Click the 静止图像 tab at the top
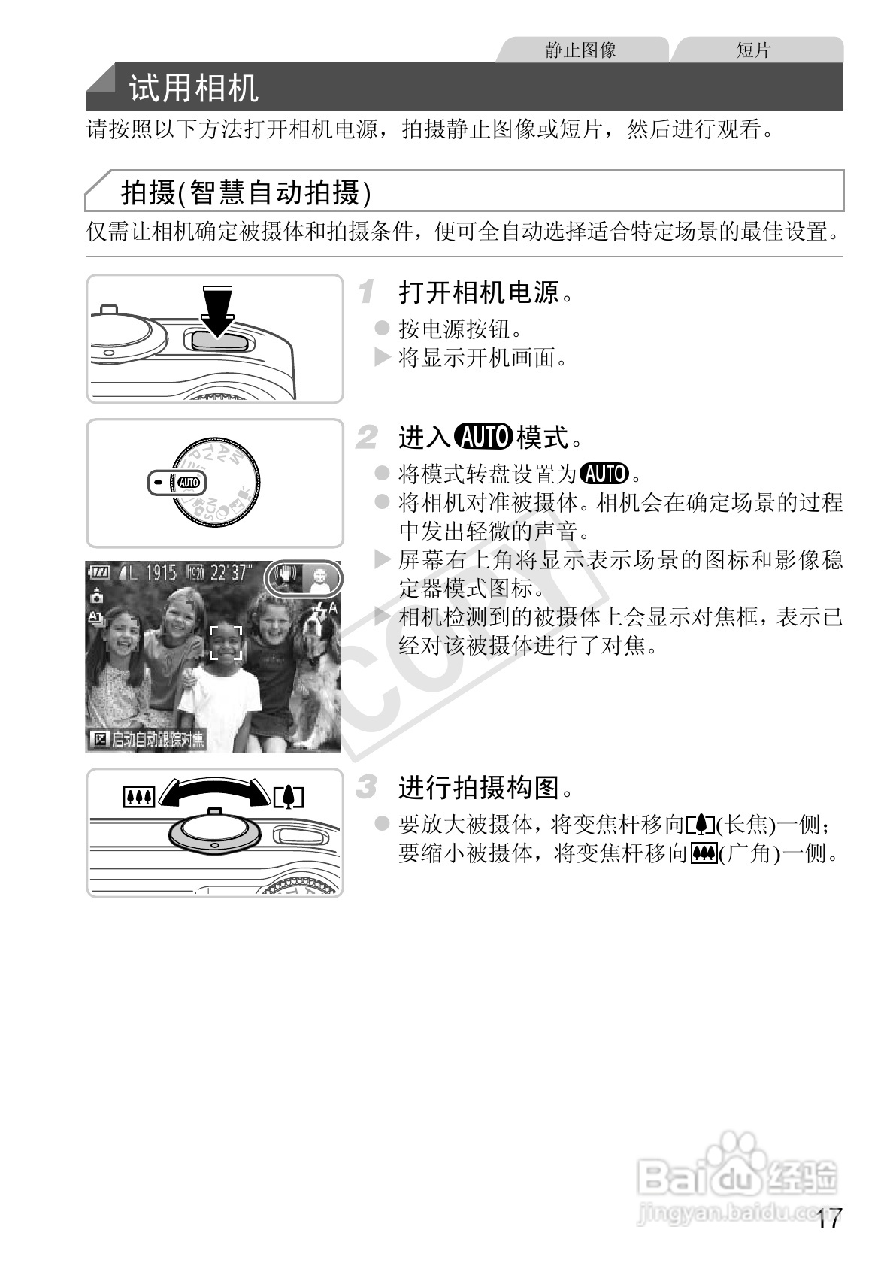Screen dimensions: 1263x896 [x=580, y=50]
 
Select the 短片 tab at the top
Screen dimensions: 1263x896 [x=753, y=50]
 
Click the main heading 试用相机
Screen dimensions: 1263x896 [x=194, y=88]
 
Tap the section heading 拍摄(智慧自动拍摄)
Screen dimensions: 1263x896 [x=246, y=193]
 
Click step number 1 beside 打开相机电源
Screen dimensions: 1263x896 [x=366, y=292]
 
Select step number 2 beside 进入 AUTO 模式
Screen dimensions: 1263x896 [x=366, y=437]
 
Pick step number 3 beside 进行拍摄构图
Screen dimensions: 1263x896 [x=366, y=788]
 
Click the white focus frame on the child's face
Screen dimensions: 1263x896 [x=226, y=643]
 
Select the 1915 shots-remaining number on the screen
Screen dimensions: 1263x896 [x=161, y=573]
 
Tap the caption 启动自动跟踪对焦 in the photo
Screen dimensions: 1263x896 [x=157, y=740]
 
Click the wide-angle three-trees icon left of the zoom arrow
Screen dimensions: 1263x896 [x=138, y=796]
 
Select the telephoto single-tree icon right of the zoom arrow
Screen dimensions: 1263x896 [x=288, y=796]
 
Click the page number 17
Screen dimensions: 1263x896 [x=829, y=1219]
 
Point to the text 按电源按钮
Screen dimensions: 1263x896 [x=460, y=329]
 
